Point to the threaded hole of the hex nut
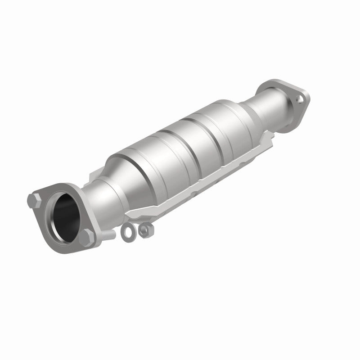pos(144,231)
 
